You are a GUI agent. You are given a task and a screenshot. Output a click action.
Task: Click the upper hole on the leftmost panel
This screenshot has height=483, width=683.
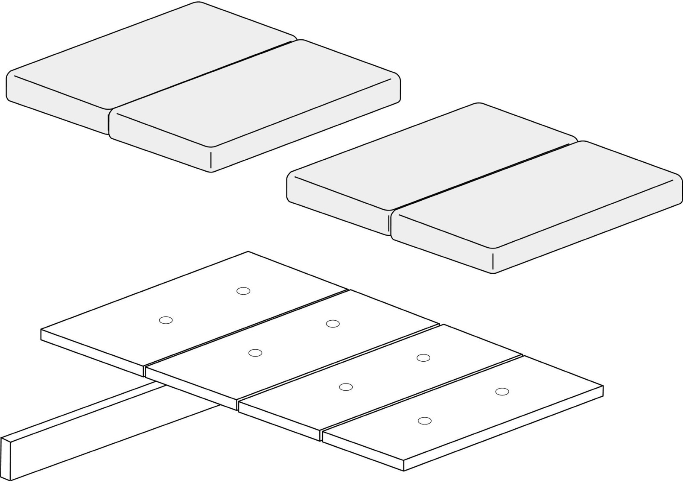click(x=243, y=291)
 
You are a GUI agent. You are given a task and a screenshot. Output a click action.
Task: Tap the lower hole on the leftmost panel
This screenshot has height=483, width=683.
click(x=166, y=320)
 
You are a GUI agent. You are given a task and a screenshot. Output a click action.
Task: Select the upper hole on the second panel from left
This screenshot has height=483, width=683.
click(x=333, y=324)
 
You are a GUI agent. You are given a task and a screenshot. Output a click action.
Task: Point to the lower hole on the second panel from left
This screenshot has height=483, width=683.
click(x=255, y=353)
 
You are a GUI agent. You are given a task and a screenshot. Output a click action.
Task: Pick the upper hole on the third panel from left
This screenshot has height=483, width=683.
click(x=423, y=357)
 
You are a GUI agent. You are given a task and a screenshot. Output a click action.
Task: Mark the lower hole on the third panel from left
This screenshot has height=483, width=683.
click(x=345, y=387)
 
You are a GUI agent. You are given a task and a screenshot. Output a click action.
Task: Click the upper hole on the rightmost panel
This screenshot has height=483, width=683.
click(x=502, y=391)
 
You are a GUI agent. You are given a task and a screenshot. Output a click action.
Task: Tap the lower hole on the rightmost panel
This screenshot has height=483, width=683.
click(x=424, y=421)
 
